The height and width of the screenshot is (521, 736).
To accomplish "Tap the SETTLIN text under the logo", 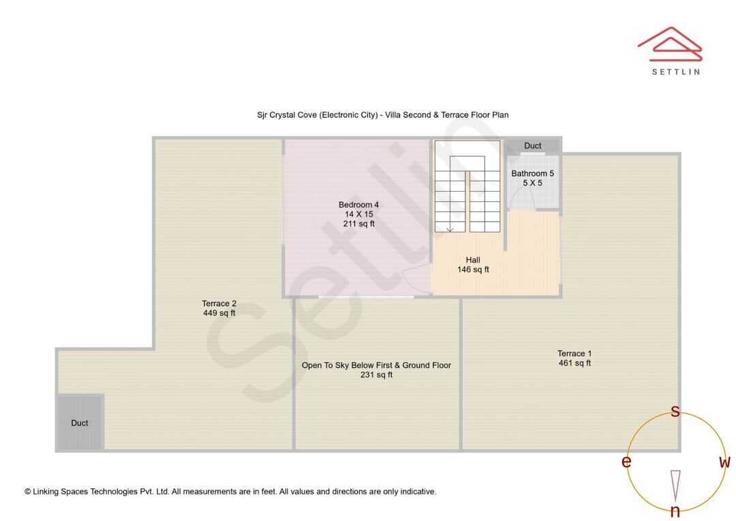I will (675, 72).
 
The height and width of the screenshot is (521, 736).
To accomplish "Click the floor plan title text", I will (382, 115).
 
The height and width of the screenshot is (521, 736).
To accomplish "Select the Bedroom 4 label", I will (358, 205).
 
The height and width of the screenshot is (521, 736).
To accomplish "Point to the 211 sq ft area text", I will (358, 224).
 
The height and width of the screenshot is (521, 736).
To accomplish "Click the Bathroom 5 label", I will (532, 173).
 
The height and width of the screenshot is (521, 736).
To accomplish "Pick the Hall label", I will (473, 260).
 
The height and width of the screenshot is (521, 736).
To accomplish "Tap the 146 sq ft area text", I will (473, 269).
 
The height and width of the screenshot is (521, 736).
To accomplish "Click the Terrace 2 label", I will (219, 303).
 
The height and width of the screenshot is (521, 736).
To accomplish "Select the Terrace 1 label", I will (574, 353).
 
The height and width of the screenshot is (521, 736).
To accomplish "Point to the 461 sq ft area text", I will (574, 363).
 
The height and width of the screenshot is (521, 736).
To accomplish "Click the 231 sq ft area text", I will (376, 374).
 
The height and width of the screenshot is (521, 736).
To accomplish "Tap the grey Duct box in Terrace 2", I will (80, 423).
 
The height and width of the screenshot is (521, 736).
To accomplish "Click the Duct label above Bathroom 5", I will (533, 145).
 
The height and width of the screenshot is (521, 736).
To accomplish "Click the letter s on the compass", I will (675, 411).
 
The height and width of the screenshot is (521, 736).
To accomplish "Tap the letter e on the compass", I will (626, 462).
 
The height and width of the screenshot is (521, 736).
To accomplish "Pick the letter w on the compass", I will (724, 462).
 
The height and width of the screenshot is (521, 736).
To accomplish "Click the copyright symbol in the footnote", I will (28, 492).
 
